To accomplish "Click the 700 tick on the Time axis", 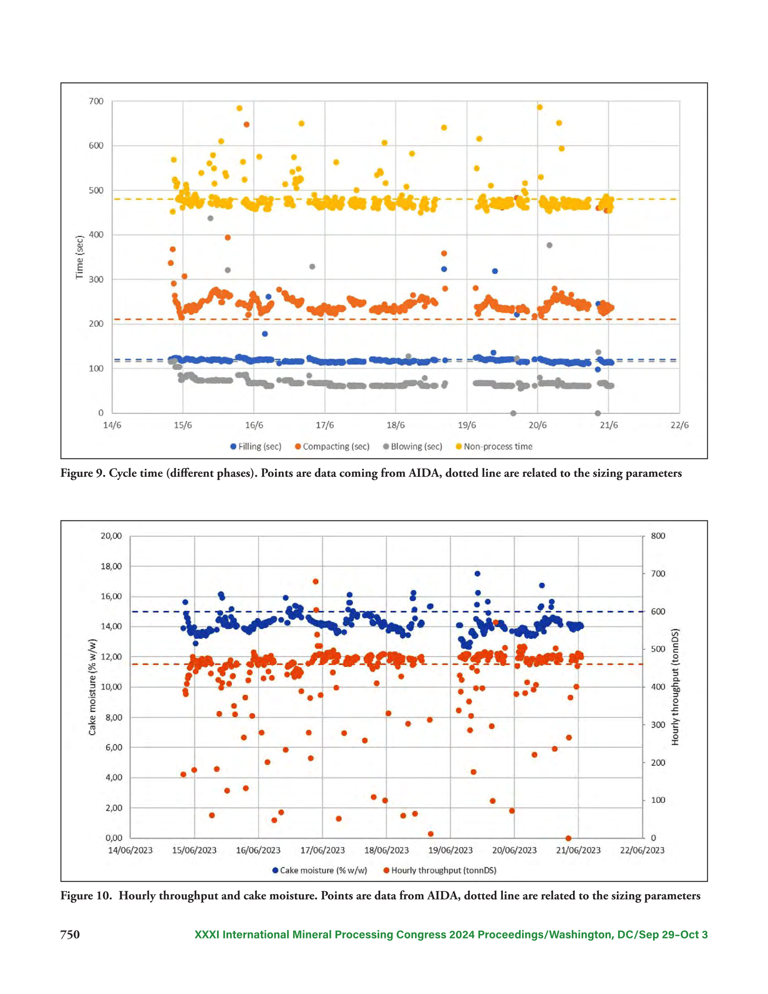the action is (96, 101).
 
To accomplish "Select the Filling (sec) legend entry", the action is (256, 446).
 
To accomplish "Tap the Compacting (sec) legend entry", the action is (332, 446).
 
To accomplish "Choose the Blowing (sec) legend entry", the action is (412, 446).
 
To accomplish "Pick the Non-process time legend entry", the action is (494, 446).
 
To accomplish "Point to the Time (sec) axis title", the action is (80, 257).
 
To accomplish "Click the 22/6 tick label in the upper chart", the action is (679, 425).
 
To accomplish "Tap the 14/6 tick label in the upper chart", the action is (112, 425).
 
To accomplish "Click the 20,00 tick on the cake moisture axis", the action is (111, 536).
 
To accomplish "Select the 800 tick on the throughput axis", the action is (658, 536).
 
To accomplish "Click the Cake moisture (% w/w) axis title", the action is (93, 687).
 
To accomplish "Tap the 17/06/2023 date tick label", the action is (322, 850).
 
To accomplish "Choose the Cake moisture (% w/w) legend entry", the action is (319, 870).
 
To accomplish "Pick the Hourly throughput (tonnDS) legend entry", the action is (440, 870).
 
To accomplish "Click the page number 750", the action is (70, 935).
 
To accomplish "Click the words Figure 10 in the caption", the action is (85, 896).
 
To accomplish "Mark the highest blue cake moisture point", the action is (477, 573).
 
